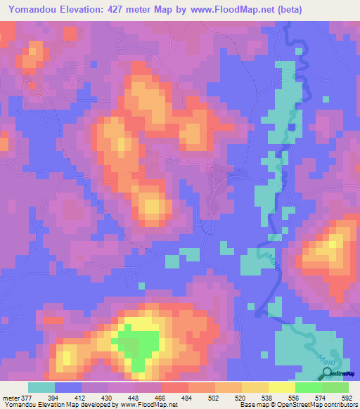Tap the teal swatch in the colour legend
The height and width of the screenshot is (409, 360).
pos(41,387)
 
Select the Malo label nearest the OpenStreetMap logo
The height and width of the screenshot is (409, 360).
pos(325,358)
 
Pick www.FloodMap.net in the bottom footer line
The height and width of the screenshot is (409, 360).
pos(148,405)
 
